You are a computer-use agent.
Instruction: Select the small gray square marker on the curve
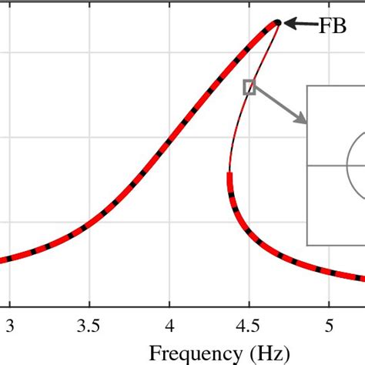coord(249,87)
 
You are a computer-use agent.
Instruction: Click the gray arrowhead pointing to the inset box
coord(301,119)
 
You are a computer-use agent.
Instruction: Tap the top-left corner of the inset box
coord(308,85)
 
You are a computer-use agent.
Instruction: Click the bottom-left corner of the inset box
coord(308,245)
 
